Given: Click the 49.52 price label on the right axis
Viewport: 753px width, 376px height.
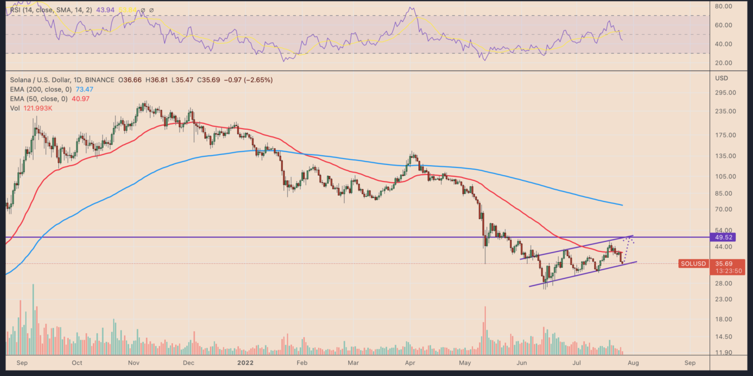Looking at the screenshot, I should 724,237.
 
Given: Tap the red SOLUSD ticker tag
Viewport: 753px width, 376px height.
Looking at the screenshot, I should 692,264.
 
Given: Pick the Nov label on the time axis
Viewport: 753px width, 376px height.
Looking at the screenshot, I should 134,362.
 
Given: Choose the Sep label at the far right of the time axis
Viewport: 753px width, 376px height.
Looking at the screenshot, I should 690,362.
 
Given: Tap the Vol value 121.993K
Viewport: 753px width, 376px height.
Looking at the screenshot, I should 37,108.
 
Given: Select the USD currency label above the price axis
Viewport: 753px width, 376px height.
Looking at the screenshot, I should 721,78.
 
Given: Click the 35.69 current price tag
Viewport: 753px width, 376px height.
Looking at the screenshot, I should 723,264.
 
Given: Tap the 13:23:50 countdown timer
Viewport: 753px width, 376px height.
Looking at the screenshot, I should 727,272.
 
